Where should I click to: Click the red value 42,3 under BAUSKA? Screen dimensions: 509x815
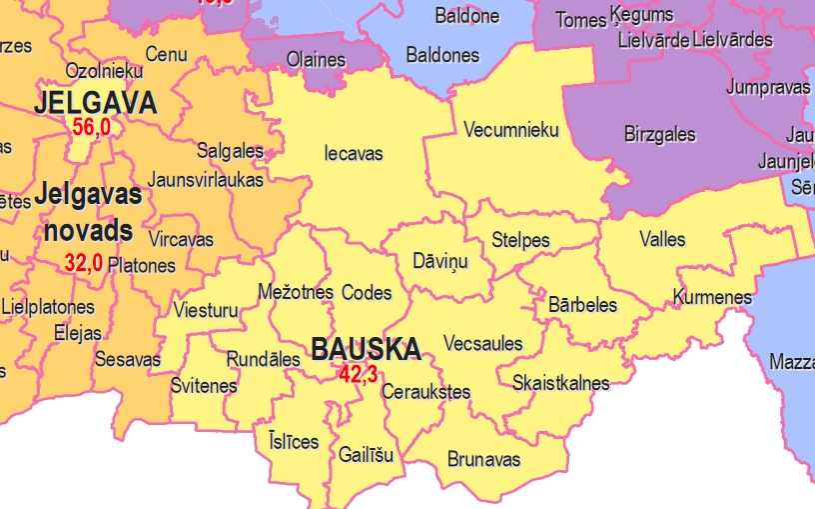coord(358,375)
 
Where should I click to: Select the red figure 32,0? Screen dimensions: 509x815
coord(84,263)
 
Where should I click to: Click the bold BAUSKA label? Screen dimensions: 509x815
coord(366,350)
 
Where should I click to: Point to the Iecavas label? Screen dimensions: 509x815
coord(354,154)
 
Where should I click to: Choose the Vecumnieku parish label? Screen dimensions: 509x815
coord(511,130)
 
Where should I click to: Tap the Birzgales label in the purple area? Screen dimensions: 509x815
coord(659,134)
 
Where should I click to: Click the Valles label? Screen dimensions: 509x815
coord(662,239)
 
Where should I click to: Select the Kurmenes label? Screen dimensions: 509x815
coord(712,297)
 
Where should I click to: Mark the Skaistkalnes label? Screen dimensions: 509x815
coord(560,383)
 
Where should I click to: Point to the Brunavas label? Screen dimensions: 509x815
coord(483,459)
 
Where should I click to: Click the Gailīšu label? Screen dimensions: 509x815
coord(367,455)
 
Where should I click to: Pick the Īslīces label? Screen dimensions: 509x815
coord(294,441)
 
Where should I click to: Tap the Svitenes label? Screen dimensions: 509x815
coord(204,386)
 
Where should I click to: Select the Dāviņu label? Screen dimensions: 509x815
coord(439,262)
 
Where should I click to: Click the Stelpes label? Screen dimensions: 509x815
coord(520,241)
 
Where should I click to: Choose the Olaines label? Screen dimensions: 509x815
coord(316,60)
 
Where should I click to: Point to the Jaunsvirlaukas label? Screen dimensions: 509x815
coord(205,180)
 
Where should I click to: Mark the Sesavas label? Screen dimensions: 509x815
coord(128,358)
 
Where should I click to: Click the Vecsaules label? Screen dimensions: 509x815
coord(482,343)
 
